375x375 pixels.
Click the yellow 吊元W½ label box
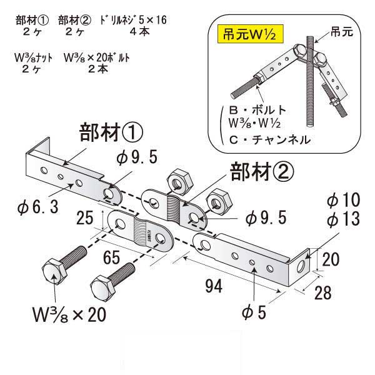coord(251,34)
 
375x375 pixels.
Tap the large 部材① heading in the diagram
coord(111,132)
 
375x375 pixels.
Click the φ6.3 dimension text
coord(37,207)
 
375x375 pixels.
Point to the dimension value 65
coord(111,257)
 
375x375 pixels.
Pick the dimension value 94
coord(214,286)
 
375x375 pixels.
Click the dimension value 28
coord(323,292)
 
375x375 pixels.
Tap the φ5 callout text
coord(254,312)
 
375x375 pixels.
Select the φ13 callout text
coord(343,219)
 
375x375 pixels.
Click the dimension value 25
coord(84,217)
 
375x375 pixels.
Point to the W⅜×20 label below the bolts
coord(69,314)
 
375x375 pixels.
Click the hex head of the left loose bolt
coord(54,272)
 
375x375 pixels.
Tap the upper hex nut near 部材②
coord(179,181)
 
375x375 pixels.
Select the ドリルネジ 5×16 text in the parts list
coord(133,20)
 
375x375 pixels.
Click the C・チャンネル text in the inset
coord(270,139)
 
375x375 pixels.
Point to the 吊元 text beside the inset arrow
coord(342,32)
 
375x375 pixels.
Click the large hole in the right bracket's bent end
coord(301,266)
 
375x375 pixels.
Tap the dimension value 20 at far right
coord(331,259)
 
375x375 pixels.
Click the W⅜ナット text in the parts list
coord(34,58)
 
